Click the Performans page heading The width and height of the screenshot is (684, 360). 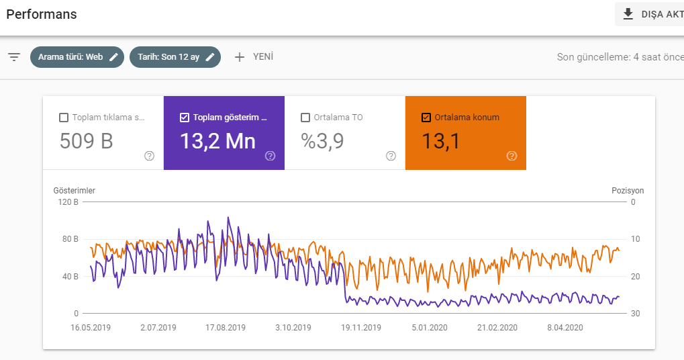click(42, 14)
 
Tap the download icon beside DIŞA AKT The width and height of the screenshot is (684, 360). click(628, 14)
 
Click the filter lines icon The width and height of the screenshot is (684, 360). click(14, 56)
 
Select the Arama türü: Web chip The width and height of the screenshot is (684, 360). click(77, 57)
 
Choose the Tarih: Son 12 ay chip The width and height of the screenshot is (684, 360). click(175, 57)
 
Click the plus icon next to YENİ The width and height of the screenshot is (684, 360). click(240, 57)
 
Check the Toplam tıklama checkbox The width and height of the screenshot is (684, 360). click(64, 118)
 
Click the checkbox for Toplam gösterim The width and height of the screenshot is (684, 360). click(185, 118)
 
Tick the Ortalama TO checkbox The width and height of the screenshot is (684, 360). click(305, 118)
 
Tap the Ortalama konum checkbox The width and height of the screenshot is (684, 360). click(426, 118)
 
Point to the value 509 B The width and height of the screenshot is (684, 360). click(87, 142)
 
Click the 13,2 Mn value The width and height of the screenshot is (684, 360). click(217, 142)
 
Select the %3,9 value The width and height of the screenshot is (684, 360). click(322, 142)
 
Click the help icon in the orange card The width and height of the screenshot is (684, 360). click(511, 156)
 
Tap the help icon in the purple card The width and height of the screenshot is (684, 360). click(270, 156)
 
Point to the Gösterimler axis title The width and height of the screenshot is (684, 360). click(74, 191)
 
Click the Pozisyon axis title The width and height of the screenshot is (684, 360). click(628, 191)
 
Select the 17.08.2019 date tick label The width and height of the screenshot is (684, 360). click(226, 328)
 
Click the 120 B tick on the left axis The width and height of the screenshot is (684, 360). click(68, 202)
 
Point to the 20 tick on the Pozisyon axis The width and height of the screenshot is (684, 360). click(635, 276)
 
